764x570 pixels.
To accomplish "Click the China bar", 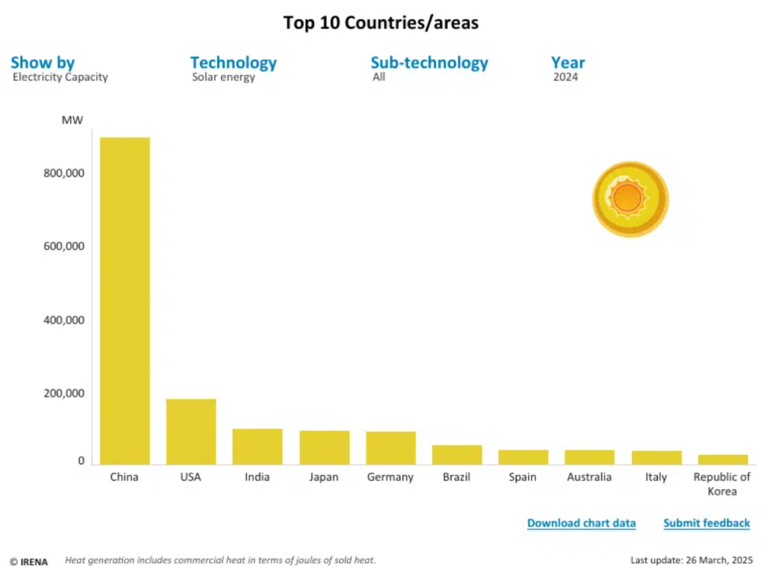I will (x=125, y=301).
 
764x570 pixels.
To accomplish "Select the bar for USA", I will (x=191, y=431).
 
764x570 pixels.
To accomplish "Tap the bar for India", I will (x=257, y=446).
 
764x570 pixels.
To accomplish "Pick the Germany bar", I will (x=390, y=448).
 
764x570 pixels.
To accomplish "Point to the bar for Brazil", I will (x=457, y=454).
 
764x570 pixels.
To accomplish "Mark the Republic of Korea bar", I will (x=722, y=459).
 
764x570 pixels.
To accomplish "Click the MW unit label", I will (x=72, y=120).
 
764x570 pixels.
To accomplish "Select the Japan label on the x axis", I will (x=323, y=477).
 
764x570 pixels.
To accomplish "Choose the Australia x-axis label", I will (x=588, y=477).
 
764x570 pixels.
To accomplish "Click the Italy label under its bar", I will (x=655, y=477).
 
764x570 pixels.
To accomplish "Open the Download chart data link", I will (x=581, y=524).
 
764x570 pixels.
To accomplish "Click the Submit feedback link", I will (x=707, y=524).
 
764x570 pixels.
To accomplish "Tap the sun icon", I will (x=630, y=199).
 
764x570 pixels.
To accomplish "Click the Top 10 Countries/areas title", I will (x=381, y=24).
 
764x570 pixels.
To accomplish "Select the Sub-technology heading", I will (x=429, y=63).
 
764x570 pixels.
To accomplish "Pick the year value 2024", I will (x=565, y=78).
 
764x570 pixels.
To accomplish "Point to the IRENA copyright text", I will (x=29, y=562).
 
